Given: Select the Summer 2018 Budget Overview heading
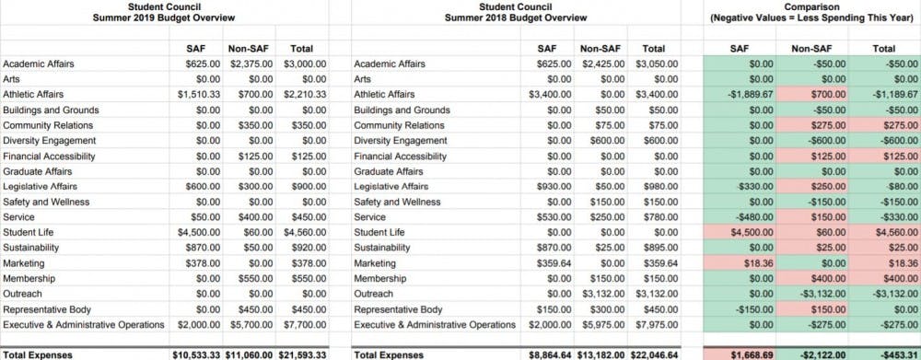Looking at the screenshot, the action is point(516,17).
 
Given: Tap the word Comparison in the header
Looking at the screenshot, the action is point(810,6).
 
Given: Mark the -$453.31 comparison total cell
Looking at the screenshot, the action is point(892,354).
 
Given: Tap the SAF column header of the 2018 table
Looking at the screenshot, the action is point(546,48).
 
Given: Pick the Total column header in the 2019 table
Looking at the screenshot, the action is point(301,48).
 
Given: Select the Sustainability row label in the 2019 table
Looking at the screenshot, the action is point(33,248).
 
